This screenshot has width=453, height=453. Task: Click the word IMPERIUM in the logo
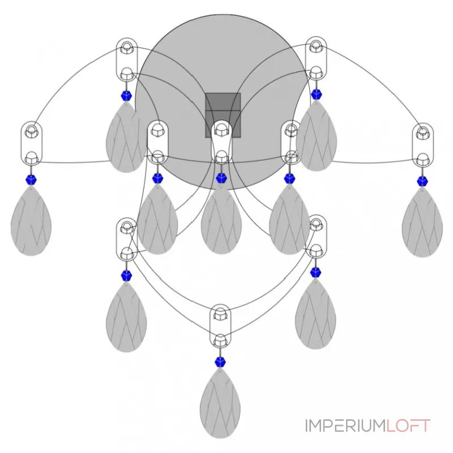(x=345, y=426)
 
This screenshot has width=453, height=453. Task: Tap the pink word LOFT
(x=408, y=426)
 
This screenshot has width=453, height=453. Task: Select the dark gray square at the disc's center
(x=223, y=116)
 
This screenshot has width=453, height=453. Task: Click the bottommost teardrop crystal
(x=220, y=403)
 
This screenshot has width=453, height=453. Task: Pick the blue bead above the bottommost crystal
(x=220, y=362)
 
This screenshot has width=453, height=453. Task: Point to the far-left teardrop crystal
(x=31, y=221)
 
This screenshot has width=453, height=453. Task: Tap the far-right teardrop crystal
(x=422, y=221)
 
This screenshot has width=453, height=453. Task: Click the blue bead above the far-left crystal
(x=31, y=180)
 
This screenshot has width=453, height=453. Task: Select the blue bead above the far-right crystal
(x=422, y=181)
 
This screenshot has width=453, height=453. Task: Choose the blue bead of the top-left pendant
(x=126, y=96)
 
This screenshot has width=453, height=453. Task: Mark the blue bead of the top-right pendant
(x=317, y=94)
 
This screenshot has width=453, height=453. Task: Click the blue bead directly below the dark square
(x=221, y=178)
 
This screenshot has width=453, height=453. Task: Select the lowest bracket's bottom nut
(x=220, y=340)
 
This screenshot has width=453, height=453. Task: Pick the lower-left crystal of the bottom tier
(x=126, y=317)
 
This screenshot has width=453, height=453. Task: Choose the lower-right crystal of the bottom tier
(x=315, y=314)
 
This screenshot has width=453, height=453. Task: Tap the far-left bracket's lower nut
(x=31, y=157)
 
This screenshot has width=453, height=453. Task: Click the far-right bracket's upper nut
(x=422, y=133)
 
